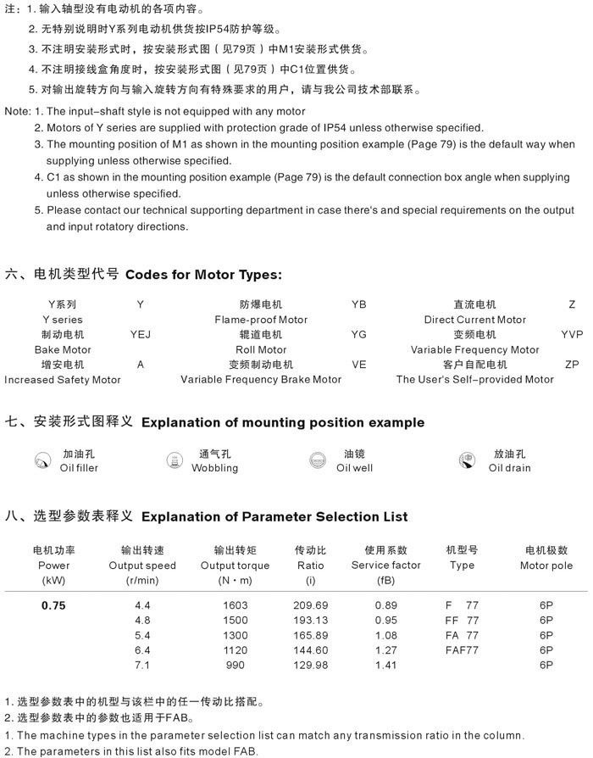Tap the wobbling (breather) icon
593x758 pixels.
pyautogui.click(x=175, y=460)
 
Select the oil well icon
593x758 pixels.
pyautogui.click(x=319, y=460)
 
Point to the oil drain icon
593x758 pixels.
pyautogui.click(x=466, y=461)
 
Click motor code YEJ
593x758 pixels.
pyautogui.click(x=140, y=334)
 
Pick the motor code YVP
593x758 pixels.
pyautogui.click(x=572, y=334)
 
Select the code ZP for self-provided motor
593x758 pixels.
pyautogui.click(x=572, y=364)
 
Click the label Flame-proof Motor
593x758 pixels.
pyautogui.click(x=261, y=320)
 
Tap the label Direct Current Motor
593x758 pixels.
pyautogui.click(x=474, y=320)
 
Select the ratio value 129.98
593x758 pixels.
pyautogui.click(x=310, y=666)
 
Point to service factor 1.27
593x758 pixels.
pyautogui.click(x=385, y=650)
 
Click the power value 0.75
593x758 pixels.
pyautogui.click(x=53, y=605)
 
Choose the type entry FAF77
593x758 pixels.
pyautogui.click(x=462, y=650)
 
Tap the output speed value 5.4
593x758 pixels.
pyautogui.click(x=142, y=635)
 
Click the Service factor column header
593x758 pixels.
pyautogui.click(x=385, y=566)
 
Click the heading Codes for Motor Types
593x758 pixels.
pyautogui.click(x=203, y=275)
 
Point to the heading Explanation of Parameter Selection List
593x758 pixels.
pyautogui.click(x=274, y=516)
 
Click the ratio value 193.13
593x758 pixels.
pyautogui.click(x=310, y=620)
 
